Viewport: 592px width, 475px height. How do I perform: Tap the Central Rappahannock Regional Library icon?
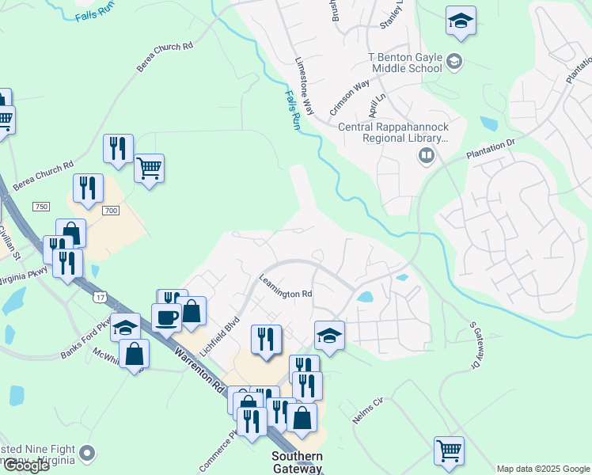(427, 156)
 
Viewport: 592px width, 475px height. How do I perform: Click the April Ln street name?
(376, 103)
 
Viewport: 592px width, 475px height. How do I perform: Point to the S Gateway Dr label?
(476, 345)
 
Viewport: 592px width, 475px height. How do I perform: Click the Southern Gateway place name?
(297, 462)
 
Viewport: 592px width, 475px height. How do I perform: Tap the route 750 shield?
(41, 207)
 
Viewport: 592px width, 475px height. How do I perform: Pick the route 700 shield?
(111, 210)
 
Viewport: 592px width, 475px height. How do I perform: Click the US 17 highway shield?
(99, 296)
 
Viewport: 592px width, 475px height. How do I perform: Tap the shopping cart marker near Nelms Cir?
(450, 450)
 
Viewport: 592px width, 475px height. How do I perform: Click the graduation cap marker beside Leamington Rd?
(329, 336)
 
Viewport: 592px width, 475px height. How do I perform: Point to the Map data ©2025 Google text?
(542, 469)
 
